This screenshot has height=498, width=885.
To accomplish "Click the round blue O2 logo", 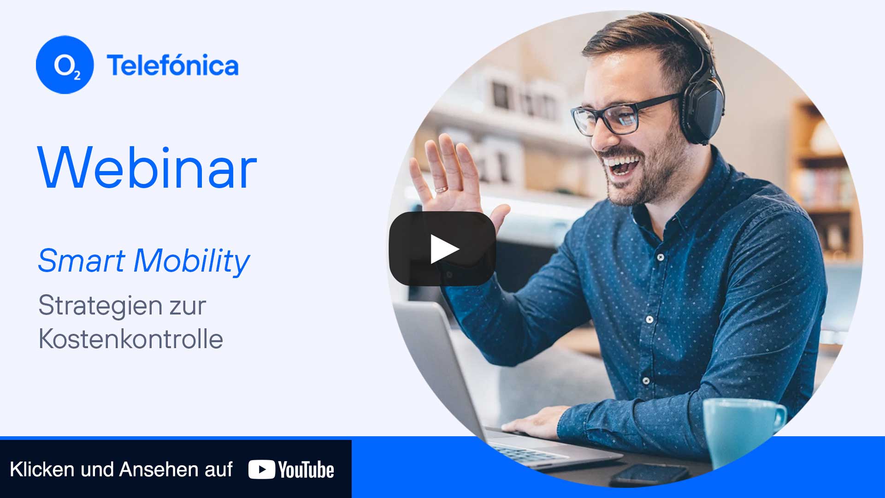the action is point(65,65).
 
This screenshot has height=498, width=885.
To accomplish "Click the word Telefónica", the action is point(173,65).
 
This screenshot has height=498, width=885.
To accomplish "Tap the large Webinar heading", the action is point(147,167).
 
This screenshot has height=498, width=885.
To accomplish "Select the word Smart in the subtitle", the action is point(82,261).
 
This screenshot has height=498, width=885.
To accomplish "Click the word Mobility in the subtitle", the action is point(192,261).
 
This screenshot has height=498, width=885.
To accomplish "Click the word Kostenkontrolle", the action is point(131,339).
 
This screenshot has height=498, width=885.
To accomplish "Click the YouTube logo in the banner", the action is point(291,470).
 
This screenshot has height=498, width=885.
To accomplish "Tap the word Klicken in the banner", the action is point(42,469).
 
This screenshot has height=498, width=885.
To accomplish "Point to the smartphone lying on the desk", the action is point(650,474).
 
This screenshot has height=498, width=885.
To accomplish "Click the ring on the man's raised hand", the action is point(441,189).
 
